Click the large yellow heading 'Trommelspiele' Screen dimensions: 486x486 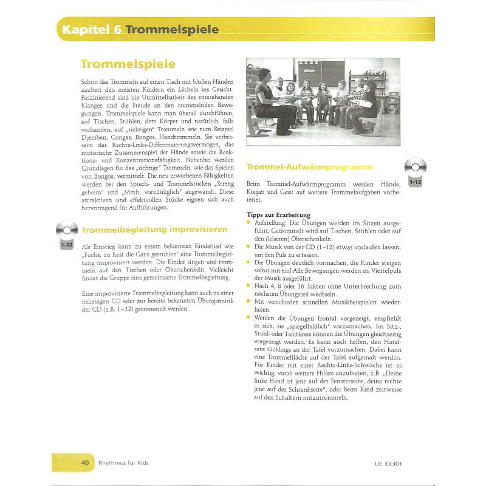coord(128,64)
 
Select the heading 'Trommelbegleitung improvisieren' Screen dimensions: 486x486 coord(155,230)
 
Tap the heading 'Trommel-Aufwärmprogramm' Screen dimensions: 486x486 coord(309,166)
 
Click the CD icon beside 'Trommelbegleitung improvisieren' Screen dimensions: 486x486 coord(67,231)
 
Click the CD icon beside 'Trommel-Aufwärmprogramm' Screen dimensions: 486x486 coord(416,168)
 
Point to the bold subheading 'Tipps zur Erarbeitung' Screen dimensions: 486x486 coord(278,215)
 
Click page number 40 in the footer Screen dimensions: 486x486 coord(86,462)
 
